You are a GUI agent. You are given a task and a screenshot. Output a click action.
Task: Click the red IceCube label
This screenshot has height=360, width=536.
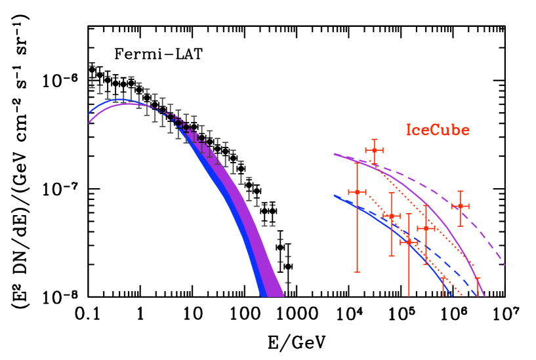pos(438,130)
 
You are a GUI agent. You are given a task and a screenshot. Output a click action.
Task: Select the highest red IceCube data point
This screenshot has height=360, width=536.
pos(374,150)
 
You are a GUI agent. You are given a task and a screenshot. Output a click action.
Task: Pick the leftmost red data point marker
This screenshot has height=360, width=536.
pos(357,192)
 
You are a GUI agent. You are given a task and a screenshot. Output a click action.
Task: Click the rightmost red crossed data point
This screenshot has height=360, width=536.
pos(461,206)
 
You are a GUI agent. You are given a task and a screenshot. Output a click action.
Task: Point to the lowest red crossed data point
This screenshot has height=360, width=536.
pos(409,241)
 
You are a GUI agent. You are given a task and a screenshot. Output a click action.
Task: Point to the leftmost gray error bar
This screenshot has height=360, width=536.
pos(93,75)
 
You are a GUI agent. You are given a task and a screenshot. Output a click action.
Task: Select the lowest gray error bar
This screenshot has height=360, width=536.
pos(287,270)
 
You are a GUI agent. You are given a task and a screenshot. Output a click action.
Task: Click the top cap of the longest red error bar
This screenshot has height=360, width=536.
pos(357,162)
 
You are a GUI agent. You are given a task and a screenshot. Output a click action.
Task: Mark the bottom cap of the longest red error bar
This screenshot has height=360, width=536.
pos(357,271)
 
